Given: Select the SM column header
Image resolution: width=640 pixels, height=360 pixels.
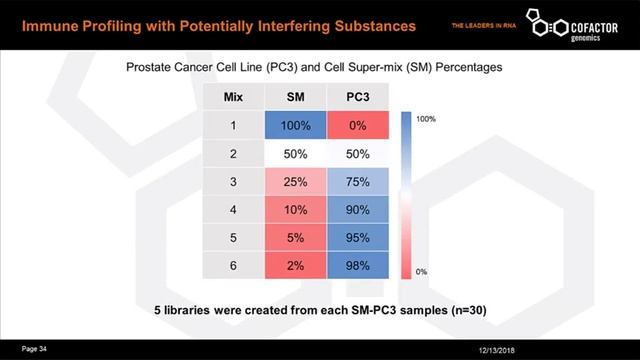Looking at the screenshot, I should [296, 98].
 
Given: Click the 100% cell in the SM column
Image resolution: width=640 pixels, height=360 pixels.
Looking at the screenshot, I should [296, 126].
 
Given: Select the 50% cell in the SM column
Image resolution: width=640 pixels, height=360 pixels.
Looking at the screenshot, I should [296, 154].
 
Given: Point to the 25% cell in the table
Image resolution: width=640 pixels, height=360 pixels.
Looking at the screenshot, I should [296, 182].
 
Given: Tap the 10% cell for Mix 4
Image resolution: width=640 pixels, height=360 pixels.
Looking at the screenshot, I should [296, 210].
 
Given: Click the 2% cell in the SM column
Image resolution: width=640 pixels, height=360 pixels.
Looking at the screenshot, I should [296, 266].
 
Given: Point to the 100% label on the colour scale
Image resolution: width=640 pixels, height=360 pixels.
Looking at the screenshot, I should [426, 119].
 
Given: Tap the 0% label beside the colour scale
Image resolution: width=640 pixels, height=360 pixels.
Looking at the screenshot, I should [422, 271].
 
